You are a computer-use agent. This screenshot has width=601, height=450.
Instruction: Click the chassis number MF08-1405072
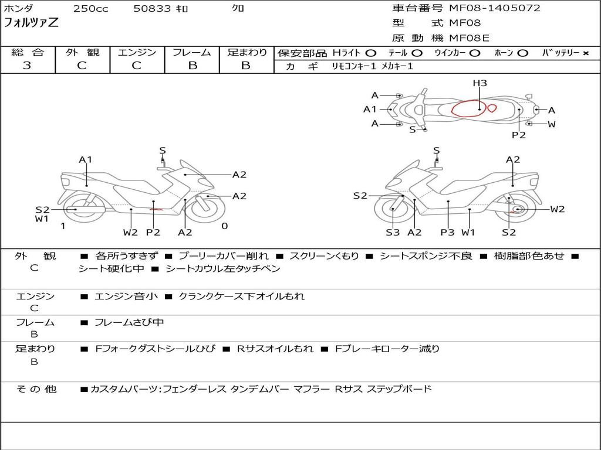point(494,8)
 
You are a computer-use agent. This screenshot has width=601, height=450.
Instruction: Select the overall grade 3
point(27,65)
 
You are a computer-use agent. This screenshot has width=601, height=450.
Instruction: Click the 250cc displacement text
point(91,8)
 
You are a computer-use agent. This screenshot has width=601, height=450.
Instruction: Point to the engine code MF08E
point(469,38)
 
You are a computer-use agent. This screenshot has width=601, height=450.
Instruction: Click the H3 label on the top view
point(480,83)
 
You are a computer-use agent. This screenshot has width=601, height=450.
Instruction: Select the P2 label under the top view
point(519,135)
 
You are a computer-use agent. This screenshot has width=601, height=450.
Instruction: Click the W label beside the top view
point(552,124)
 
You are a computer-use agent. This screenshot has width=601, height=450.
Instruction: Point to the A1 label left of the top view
point(370,110)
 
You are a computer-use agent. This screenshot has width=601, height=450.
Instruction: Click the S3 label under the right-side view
point(393,232)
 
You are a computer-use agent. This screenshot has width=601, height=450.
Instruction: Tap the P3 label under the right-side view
point(447,232)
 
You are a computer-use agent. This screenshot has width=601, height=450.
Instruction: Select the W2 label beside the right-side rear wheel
point(558,209)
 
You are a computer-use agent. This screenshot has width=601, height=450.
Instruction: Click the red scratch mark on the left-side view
point(156,209)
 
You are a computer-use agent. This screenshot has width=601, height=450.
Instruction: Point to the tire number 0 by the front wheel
point(225,226)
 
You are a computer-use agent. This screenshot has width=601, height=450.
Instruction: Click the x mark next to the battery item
point(586,53)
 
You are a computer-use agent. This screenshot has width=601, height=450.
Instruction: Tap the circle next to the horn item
point(522,53)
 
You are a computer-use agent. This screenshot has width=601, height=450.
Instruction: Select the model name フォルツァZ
point(31,23)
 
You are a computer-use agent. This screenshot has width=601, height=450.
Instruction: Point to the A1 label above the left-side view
point(86,159)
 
